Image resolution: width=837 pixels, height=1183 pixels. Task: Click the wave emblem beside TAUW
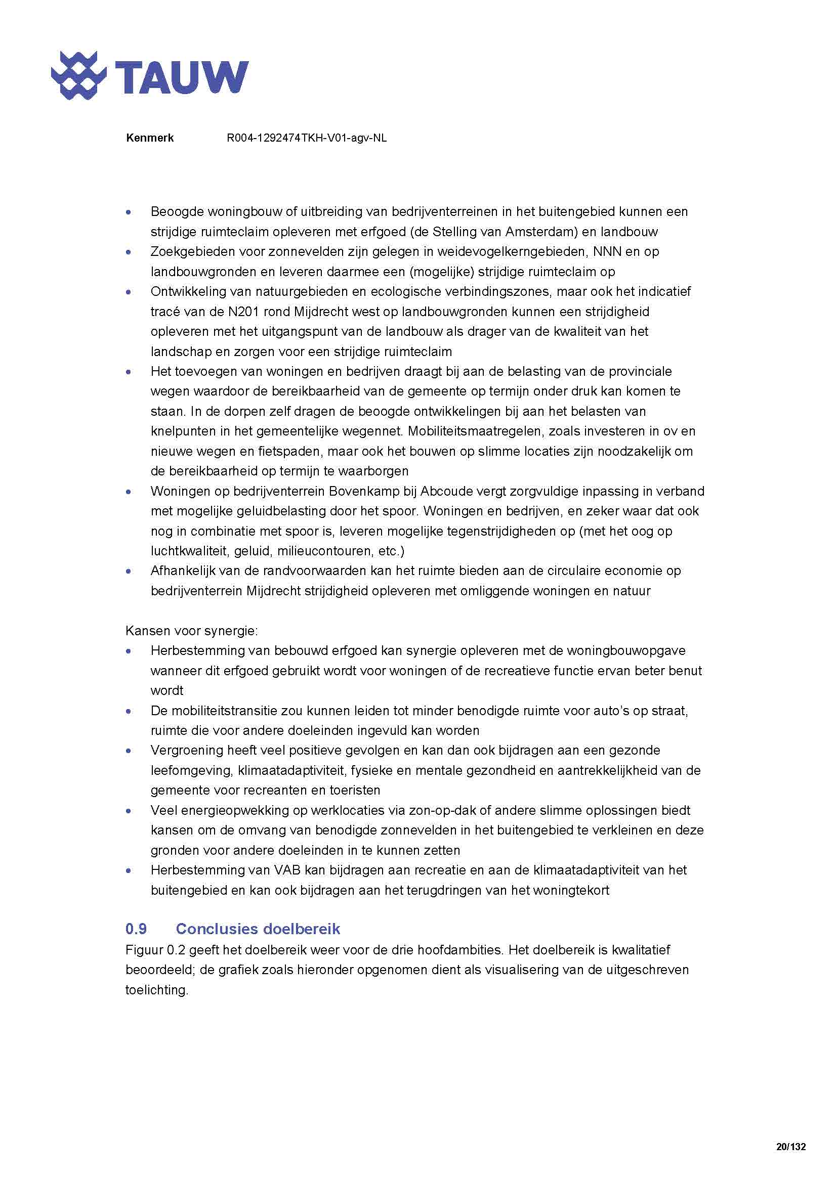pyautogui.click(x=78, y=75)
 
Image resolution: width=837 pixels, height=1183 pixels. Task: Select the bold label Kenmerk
pyautogui.click(x=149, y=138)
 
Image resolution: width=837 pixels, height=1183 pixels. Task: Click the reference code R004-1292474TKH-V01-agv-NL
pyautogui.click(x=307, y=138)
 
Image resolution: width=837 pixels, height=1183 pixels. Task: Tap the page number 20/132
pyautogui.click(x=790, y=1147)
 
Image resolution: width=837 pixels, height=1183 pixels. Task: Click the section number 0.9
pyautogui.click(x=136, y=929)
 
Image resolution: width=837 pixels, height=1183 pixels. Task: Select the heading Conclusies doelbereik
pyautogui.click(x=258, y=929)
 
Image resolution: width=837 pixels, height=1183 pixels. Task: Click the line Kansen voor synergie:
pyautogui.click(x=192, y=631)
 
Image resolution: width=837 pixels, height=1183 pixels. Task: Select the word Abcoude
pyautogui.click(x=444, y=491)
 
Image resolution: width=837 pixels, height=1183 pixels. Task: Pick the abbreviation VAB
pyautogui.click(x=287, y=870)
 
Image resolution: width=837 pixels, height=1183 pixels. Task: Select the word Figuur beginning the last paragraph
pyautogui.click(x=142, y=950)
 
